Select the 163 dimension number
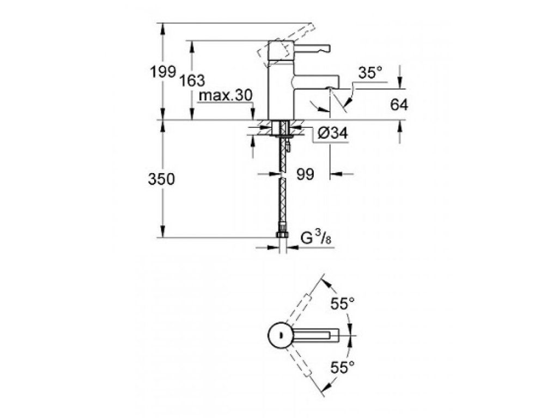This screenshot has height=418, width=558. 192,81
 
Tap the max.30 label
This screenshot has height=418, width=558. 226,96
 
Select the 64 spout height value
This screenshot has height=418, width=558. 399,105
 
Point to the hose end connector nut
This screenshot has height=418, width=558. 282,236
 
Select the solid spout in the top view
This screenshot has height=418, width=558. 318,335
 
